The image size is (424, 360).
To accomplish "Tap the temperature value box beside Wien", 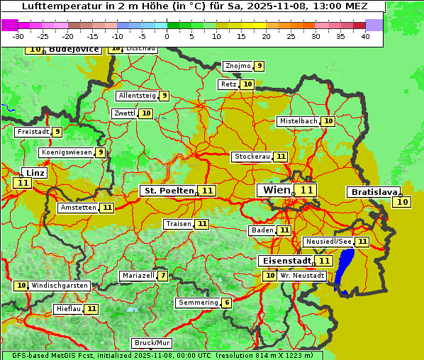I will [306, 190].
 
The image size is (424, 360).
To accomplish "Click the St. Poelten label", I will [168, 191].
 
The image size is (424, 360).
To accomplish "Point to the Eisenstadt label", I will [284, 261].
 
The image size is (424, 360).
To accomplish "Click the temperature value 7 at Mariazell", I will [163, 276].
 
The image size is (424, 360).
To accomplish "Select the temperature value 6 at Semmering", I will [226, 303].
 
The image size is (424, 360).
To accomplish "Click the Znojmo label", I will [238, 66].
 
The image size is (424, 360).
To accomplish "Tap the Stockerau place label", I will [252, 157].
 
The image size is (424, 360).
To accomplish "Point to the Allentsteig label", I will [137, 96].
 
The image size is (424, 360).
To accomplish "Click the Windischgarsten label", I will [60, 286].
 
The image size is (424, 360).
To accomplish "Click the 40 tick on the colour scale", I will [365, 36].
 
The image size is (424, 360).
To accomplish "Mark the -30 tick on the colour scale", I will [18, 36].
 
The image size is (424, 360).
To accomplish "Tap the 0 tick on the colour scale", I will [167, 36].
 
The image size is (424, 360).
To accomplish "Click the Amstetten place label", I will [78, 208].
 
